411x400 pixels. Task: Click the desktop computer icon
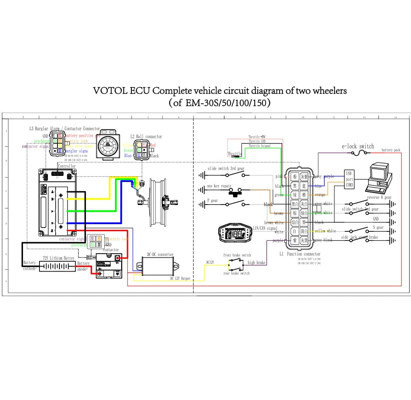378,178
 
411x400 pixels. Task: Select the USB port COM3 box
349,179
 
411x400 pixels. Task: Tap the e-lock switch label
358,146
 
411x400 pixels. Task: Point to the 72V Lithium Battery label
58,258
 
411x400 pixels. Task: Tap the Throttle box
235,154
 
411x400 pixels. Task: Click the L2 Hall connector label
146,136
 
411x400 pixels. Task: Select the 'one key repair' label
219,186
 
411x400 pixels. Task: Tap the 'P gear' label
212,200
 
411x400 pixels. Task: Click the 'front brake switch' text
237,255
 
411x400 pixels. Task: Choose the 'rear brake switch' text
236,273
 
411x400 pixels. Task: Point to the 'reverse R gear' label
379,198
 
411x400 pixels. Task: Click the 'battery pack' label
391,150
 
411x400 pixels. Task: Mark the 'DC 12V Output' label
180,279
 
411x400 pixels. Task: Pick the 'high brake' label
256,262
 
